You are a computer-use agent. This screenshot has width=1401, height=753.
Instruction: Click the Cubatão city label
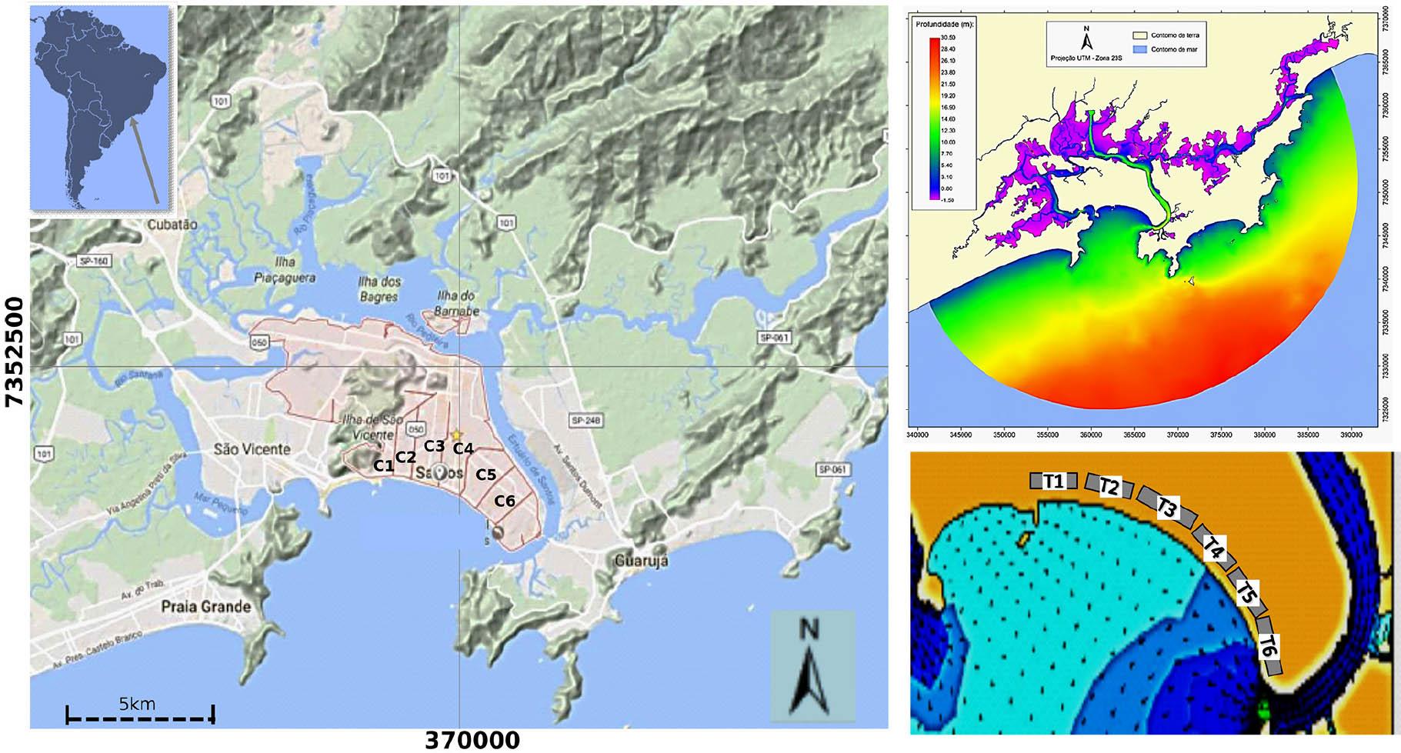[x=174, y=225]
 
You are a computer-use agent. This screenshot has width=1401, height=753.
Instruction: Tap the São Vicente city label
[x=252, y=449]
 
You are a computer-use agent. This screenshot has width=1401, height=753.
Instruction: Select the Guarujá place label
[x=641, y=561]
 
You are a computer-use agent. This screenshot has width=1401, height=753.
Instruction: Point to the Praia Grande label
[x=205, y=607]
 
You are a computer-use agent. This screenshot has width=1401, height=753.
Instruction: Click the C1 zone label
[x=383, y=465]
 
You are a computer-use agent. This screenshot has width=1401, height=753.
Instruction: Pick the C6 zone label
[x=505, y=501]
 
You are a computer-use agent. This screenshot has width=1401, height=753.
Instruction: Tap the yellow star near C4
[x=457, y=435]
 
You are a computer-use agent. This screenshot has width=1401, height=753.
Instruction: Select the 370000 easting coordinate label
[x=472, y=740]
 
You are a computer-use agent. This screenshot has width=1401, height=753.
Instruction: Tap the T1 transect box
[x=1053, y=481]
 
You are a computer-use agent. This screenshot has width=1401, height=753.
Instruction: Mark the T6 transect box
[x=1269, y=646]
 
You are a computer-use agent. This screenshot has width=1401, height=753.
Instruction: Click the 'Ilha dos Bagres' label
[x=379, y=289]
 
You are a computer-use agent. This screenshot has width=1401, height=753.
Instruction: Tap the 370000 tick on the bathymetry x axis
[x=1177, y=435]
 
